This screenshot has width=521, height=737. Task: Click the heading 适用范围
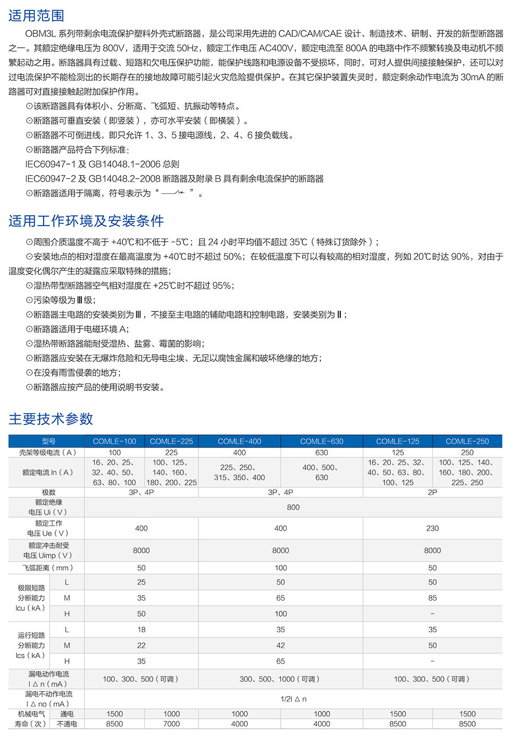pyautogui.click(x=36, y=16)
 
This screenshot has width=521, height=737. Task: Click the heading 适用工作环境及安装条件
pyautogui.click(x=86, y=221)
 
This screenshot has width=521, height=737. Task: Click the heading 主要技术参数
pyautogui.click(x=51, y=419)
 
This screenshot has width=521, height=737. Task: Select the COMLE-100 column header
pyautogui.click(x=115, y=441)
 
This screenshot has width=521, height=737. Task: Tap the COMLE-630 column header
pyautogui.click(x=321, y=441)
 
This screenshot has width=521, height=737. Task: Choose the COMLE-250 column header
pyautogui.click(x=467, y=441)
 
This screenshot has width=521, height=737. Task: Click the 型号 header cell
pyautogui.click(x=48, y=441)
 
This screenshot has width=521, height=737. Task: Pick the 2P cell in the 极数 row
pyautogui.click(x=432, y=492)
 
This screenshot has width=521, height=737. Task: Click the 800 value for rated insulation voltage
pyautogui.click(x=293, y=507)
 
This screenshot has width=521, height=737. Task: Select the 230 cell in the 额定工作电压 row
pyautogui.click(x=432, y=528)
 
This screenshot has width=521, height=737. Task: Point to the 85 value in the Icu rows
pyautogui.click(x=432, y=598)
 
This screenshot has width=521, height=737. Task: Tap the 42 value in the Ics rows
pyautogui.click(x=280, y=645)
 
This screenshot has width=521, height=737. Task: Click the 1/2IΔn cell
pyautogui.click(x=293, y=699)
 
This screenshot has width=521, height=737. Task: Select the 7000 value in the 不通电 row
pyautogui.click(x=171, y=724)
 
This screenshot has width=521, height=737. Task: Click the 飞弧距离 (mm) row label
pyautogui.click(x=48, y=568)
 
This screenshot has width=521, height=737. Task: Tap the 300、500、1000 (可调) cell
pyautogui.click(x=280, y=679)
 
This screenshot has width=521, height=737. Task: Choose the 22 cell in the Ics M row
pyautogui.click(x=141, y=645)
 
